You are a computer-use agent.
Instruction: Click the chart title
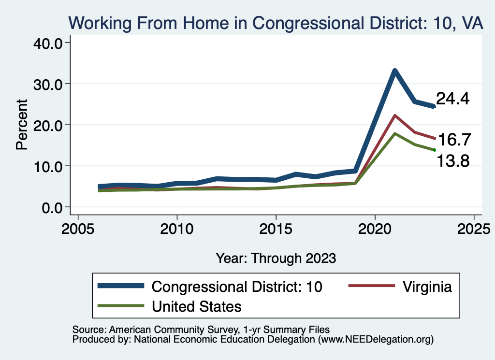click(x=276, y=22)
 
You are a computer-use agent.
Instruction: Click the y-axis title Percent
click(x=22, y=124)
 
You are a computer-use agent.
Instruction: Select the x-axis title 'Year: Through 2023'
click(x=276, y=258)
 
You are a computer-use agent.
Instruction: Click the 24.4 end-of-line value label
click(x=453, y=99)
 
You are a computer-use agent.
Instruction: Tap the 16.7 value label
click(x=455, y=140)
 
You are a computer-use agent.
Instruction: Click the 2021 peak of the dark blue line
click(x=395, y=71)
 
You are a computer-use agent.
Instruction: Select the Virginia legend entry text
click(x=427, y=287)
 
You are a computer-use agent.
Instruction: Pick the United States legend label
click(x=196, y=306)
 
